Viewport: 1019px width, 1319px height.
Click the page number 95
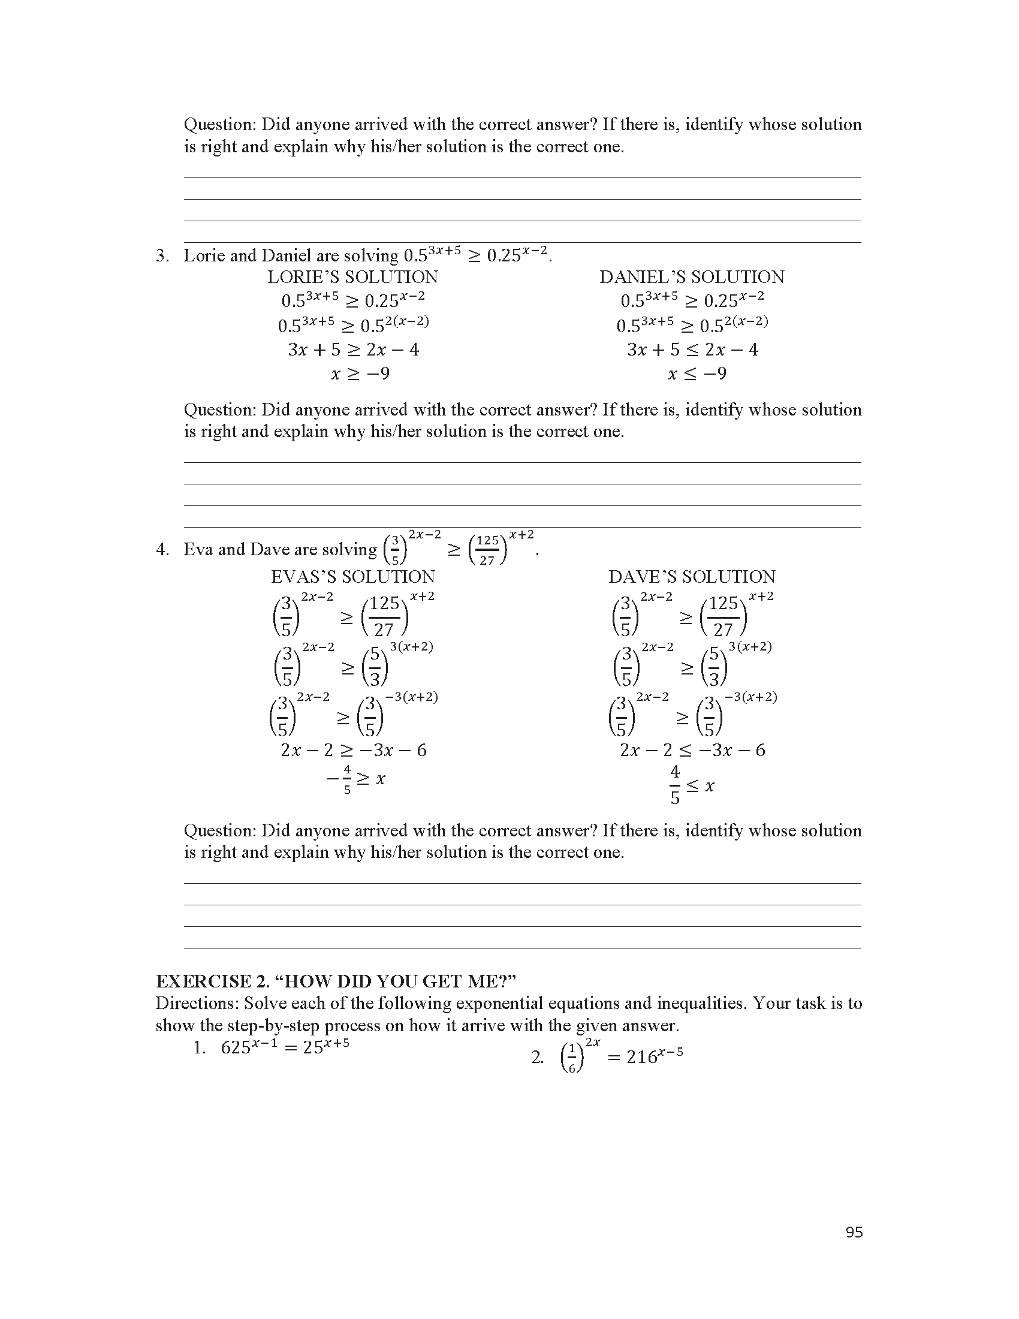coord(854,1232)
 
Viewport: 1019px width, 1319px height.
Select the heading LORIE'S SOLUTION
coord(352,277)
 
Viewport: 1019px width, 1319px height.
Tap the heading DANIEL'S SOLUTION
coord(692,277)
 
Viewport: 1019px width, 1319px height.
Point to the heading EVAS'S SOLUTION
coord(352,577)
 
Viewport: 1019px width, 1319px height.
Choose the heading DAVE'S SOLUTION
coord(692,577)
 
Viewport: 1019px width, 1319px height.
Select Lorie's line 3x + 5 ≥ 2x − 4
coord(353,350)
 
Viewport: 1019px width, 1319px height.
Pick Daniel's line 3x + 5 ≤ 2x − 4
coord(692,350)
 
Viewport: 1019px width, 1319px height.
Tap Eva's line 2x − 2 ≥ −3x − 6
coord(354,750)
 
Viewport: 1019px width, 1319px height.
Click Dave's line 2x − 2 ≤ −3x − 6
coord(692,750)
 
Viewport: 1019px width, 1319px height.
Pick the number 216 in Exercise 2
coord(641,1057)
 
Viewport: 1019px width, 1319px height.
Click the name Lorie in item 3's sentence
coord(204,256)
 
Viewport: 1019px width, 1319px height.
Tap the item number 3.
coord(161,256)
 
